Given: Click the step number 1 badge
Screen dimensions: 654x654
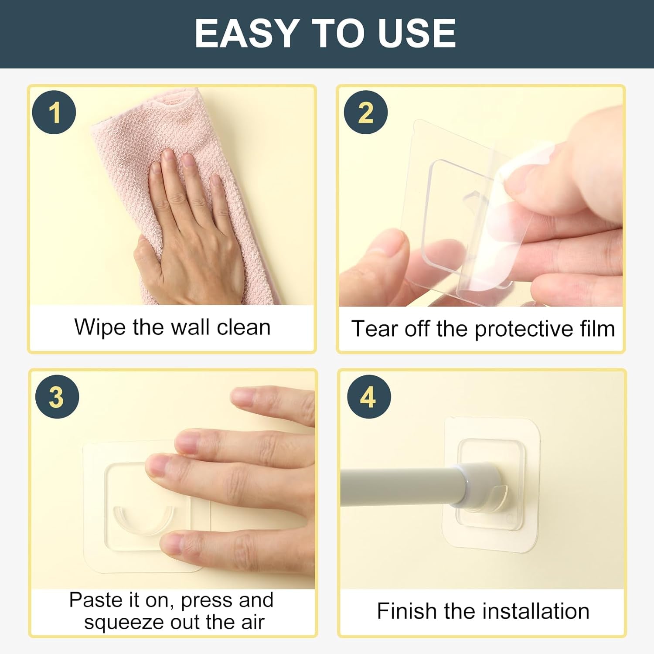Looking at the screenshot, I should pyautogui.click(x=54, y=112).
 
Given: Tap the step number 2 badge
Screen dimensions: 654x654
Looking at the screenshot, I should pyautogui.click(x=365, y=112).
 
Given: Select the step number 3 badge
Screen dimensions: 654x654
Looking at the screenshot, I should pyautogui.click(x=57, y=397).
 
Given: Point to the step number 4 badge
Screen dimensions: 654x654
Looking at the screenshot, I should pyautogui.click(x=368, y=397).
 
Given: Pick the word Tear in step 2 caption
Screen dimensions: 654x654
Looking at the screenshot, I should pyautogui.click(x=375, y=329).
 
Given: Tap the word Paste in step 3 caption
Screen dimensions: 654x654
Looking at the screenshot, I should pyautogui.click(x=95, y=600).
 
